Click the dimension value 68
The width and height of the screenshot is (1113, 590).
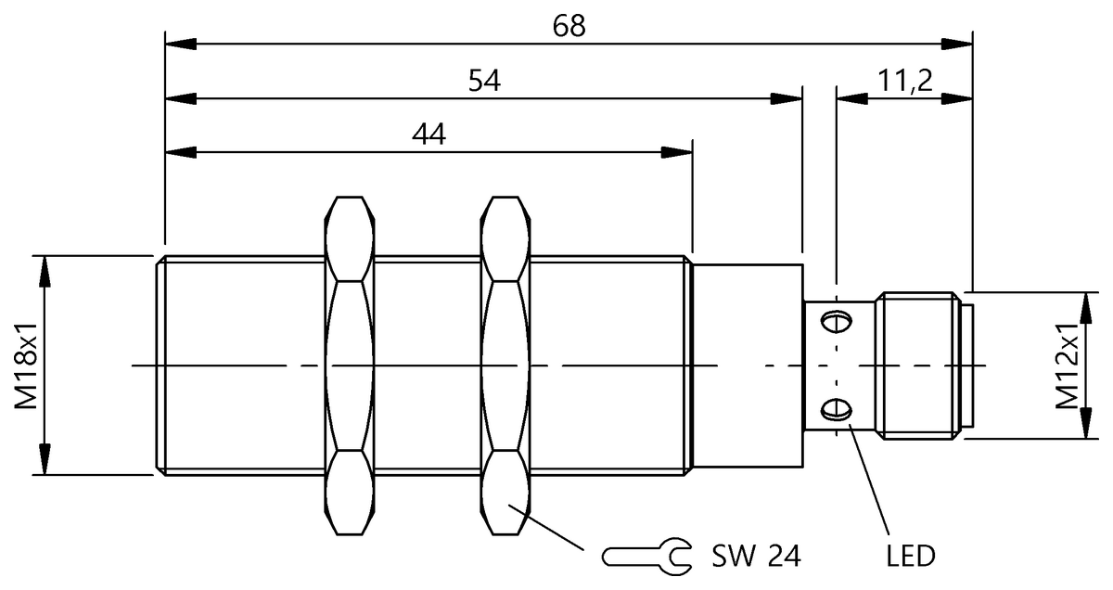point(569,26)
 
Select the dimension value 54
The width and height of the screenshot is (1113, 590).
point(483,82)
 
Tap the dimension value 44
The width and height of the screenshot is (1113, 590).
point(429,135)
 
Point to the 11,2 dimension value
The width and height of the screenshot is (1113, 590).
point(905,82)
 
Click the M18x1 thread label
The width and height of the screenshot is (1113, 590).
point(26,366)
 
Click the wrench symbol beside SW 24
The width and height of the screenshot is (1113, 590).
point(646,556)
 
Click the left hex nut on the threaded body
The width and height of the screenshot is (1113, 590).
point(351,366)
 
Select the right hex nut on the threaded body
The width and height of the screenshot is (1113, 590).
point(505,366)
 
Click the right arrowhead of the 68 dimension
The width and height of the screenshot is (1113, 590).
point(961,44)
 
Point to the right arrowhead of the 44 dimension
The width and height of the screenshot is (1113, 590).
point(680,151)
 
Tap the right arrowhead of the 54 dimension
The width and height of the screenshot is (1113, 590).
point(790,97)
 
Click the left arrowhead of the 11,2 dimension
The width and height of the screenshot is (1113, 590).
point(849,97)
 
